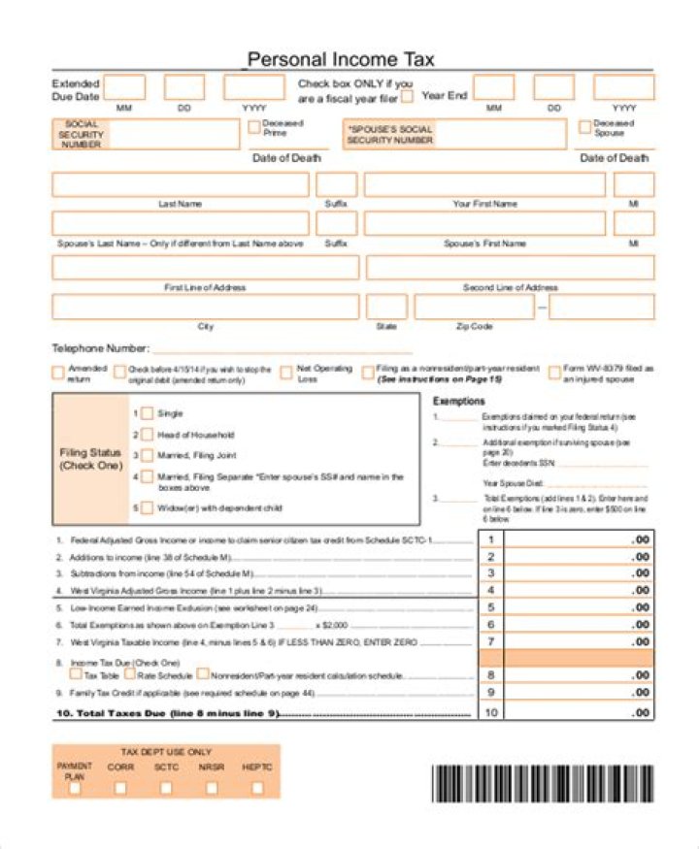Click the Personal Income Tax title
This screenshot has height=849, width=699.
(341, 59)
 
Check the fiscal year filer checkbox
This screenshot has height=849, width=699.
(407, 97)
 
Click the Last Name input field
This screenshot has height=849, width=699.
(180, 184)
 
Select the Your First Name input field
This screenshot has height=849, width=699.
(483, 184)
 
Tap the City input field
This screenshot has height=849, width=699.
(205, 307)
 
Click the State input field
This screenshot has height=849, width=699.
(385, 307)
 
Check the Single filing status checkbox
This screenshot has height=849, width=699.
(147, 413)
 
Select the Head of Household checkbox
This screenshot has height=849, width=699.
(147, 434)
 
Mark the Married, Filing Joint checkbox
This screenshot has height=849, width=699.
(147, 455)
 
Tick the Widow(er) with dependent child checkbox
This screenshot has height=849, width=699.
(147, 507)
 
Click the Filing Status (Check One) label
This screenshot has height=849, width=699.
(90, 459)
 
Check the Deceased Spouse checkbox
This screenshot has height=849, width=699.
(584, 127)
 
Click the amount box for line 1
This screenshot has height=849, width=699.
(580, 539)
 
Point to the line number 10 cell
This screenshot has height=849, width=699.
(491, 712)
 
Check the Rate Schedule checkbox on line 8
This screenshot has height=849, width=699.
(129, 674)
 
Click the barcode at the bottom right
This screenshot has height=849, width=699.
(543, 783)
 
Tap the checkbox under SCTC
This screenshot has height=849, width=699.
(166, 788)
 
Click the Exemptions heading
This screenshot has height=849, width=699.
(458, 401)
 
